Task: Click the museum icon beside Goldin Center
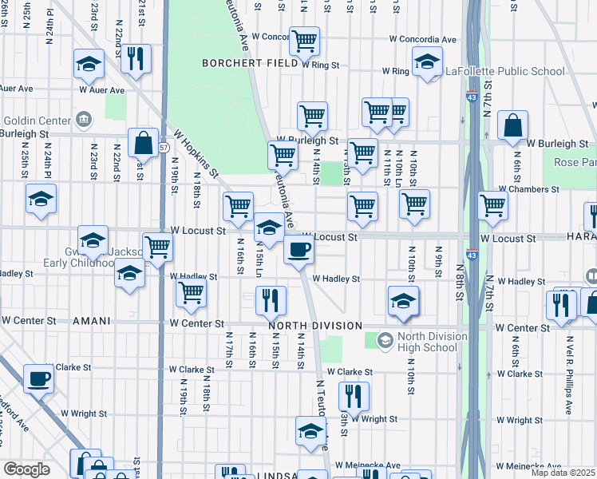pos(83,121)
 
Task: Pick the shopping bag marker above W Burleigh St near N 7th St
pos(512,126)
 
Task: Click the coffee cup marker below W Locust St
pos(299,250)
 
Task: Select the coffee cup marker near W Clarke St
pos(38,378)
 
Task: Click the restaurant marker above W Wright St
pos(353,396)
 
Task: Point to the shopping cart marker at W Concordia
pos(304,41)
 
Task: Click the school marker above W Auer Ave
pos(89,64)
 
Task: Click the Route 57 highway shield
pos(164,148)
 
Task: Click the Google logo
pos(26,469)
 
